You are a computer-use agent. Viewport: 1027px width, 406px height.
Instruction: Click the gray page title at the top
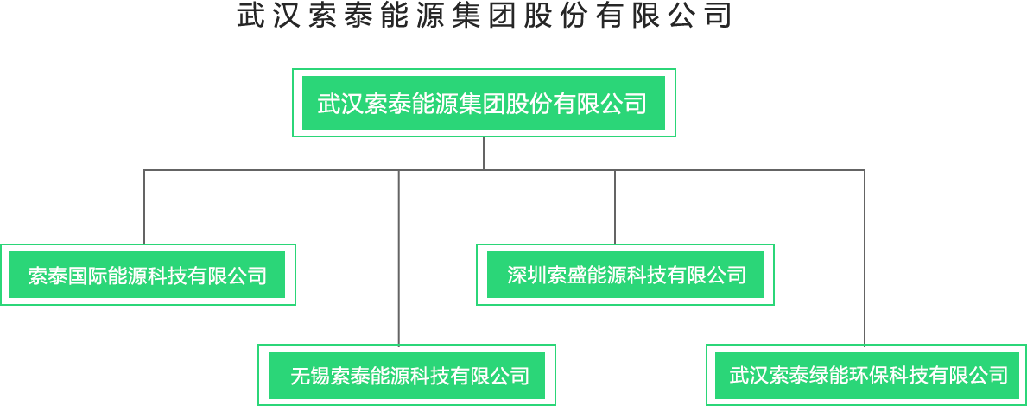tap(484, 16)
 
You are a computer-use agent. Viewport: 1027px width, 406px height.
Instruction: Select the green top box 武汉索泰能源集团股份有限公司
tap(484, 103)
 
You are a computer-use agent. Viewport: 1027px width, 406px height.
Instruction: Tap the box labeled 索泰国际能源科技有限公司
tap(147, 275)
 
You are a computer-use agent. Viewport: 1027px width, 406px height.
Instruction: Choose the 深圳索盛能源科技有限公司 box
tap(625, 275)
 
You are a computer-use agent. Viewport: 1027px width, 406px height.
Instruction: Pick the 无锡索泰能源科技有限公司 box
tap(407, 376)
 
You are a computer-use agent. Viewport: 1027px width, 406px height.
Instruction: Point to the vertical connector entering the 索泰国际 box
tap(144, 207)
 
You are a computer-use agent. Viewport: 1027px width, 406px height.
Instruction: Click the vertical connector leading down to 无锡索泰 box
tap(398, 259)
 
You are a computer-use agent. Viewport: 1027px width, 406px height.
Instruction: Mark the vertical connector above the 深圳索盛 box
tap(615, 207)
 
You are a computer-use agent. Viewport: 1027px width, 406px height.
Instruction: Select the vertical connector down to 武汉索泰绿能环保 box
tap(865, 259)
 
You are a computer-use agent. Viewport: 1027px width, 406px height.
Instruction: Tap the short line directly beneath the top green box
tap(484, 153)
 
